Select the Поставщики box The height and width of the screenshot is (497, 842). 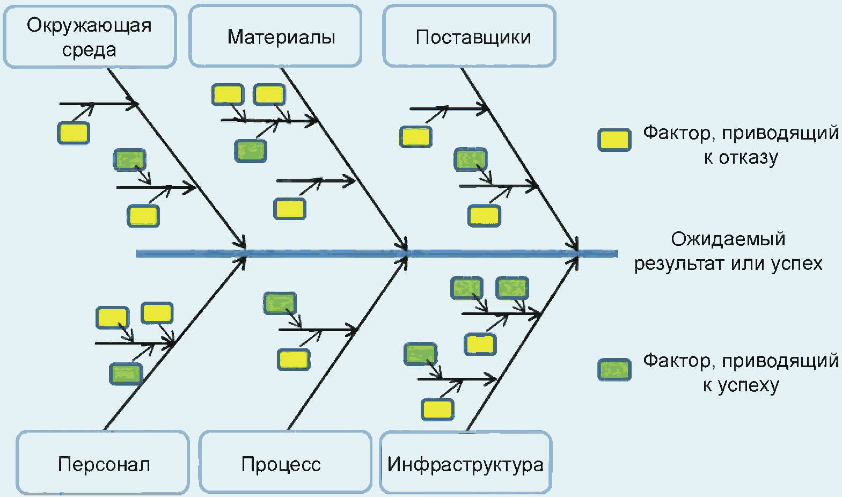pyautogui.click(x=470, y=36)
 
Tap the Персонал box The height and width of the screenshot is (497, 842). pyautogui.click(x=103, y=463)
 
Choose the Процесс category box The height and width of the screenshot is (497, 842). pyautogui.click(x=285, y=463)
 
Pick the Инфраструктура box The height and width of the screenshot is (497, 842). pyautogui.click(x=465, y=463)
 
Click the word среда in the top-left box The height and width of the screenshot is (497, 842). pyautogui.click(x=89, y=50)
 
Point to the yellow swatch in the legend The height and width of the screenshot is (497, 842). pyautogui.click(x=614, y=140)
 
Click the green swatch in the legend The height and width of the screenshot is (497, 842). pyautogui.click(x=614, y=370)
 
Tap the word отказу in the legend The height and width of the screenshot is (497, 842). pyautogui.click(x=749, y=158)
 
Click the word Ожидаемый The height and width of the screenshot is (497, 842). pyautogui.click(x=728, y=238)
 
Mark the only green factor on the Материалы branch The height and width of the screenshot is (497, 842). pyautogui.click(x=251, y=151)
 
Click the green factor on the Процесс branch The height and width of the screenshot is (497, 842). pyautogui.click(x=280, y=303)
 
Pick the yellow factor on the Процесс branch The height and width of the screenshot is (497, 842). pyautogui.click(x=294, y=359)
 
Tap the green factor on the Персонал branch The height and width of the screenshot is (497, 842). pyautogui.click(x=126, y=374)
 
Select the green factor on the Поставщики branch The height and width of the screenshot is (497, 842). pyautogui.click(x=471, y=159)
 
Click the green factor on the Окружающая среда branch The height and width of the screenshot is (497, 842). pyautogui.click(x=129, y=160)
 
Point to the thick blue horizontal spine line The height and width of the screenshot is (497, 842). pyautogui.click(x=322, y=253)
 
